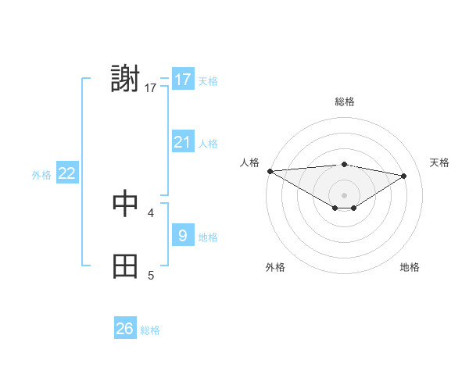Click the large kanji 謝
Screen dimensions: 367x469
[126, 80]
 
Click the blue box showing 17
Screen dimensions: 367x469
[182, 80]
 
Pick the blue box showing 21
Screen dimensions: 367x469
[182, 142]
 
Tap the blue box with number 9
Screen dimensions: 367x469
[182, 236]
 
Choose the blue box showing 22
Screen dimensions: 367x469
[67, 173]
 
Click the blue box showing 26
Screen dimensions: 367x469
[125, 329]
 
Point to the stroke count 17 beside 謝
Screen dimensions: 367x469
[151, 88]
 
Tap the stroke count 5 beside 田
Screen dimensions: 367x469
[151, 275]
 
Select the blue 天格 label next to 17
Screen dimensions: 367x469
[208, 80]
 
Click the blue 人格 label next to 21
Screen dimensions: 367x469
[208, 143]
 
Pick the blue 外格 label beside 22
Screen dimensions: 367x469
[41, 175]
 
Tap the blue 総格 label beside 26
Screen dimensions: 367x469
[150, 330]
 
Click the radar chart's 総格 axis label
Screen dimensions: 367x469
[345, 102]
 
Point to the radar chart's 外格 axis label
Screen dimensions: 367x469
[275, 267]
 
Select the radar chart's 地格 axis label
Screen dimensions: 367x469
[410, 267]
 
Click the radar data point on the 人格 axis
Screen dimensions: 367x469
[270, 170]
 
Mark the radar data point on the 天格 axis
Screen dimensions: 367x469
[404, 176]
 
